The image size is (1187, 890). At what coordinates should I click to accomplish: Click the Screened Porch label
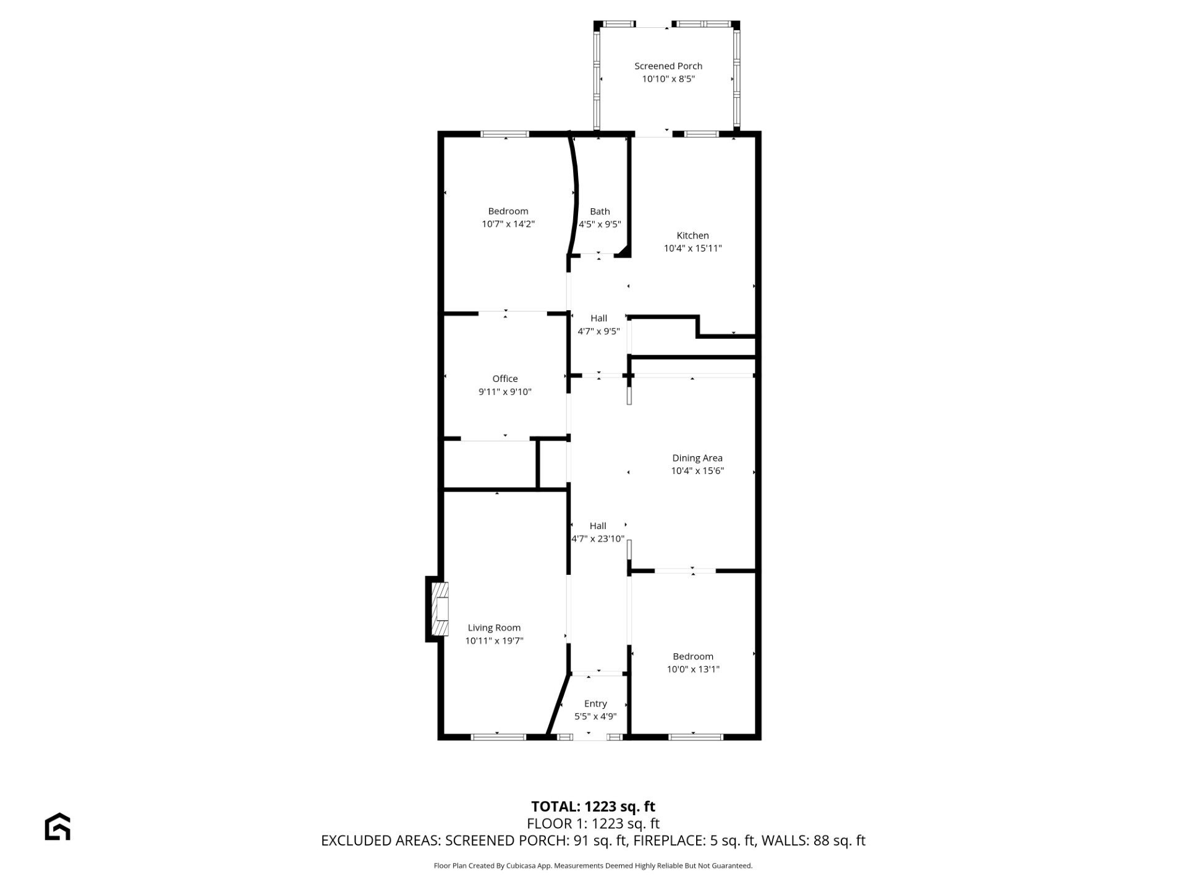[668, 66]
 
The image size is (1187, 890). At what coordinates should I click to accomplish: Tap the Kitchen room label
[692, 235]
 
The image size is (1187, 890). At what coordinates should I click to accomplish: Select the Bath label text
[600, 211]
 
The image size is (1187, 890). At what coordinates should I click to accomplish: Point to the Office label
[505, 379]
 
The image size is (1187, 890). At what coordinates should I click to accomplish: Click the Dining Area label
[697, 458]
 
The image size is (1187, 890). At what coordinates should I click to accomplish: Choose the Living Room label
[494, 628]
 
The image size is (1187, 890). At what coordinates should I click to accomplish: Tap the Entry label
[595, 704]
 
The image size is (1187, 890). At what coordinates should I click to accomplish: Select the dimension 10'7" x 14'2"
[508, 224]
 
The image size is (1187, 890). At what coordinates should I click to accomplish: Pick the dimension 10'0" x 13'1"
[693, 669]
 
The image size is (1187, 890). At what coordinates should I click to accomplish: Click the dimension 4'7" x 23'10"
[598, 539]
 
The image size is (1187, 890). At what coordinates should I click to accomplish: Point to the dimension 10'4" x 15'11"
[692, 248]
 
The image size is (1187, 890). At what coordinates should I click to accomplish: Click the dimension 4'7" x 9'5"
[598, 331]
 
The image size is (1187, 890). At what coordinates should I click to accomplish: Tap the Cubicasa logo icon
[57, 826]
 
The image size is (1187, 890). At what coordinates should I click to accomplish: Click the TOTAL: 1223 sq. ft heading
[593, 807]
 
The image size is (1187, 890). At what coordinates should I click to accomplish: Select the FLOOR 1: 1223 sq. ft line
[593, 824]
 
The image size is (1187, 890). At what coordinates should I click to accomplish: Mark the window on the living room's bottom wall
[498, 737]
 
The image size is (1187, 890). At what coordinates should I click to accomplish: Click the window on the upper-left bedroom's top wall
[505, 134]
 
